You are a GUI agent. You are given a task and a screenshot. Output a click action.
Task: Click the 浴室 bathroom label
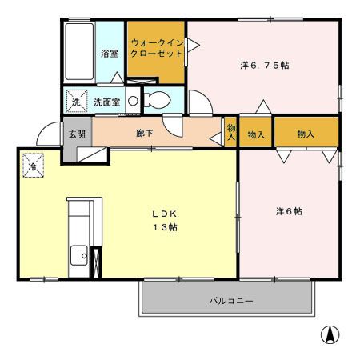pyautogui.click(x=110, y=54)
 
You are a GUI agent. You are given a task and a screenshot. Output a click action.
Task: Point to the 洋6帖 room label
pyautogui.click(x=289, y=211)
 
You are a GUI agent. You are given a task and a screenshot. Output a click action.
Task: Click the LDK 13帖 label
pyautogui.click(x=165, y=221)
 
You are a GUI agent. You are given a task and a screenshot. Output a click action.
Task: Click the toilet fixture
pyautogui.click(x=158, y=102)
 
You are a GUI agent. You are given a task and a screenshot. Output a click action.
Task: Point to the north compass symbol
pyautogui.click(x=328, y=335)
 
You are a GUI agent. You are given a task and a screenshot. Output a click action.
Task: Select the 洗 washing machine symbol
pyautogui.click(x=76, y=102)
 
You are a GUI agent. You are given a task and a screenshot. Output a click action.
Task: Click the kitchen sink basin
pyautogui.click(x=79, y=257)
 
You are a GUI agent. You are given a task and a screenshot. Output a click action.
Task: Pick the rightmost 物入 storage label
pyautogui.click(x=306, y=133)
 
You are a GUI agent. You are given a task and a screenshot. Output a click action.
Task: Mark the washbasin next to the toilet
pyautogui.click(x=132, y=101)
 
